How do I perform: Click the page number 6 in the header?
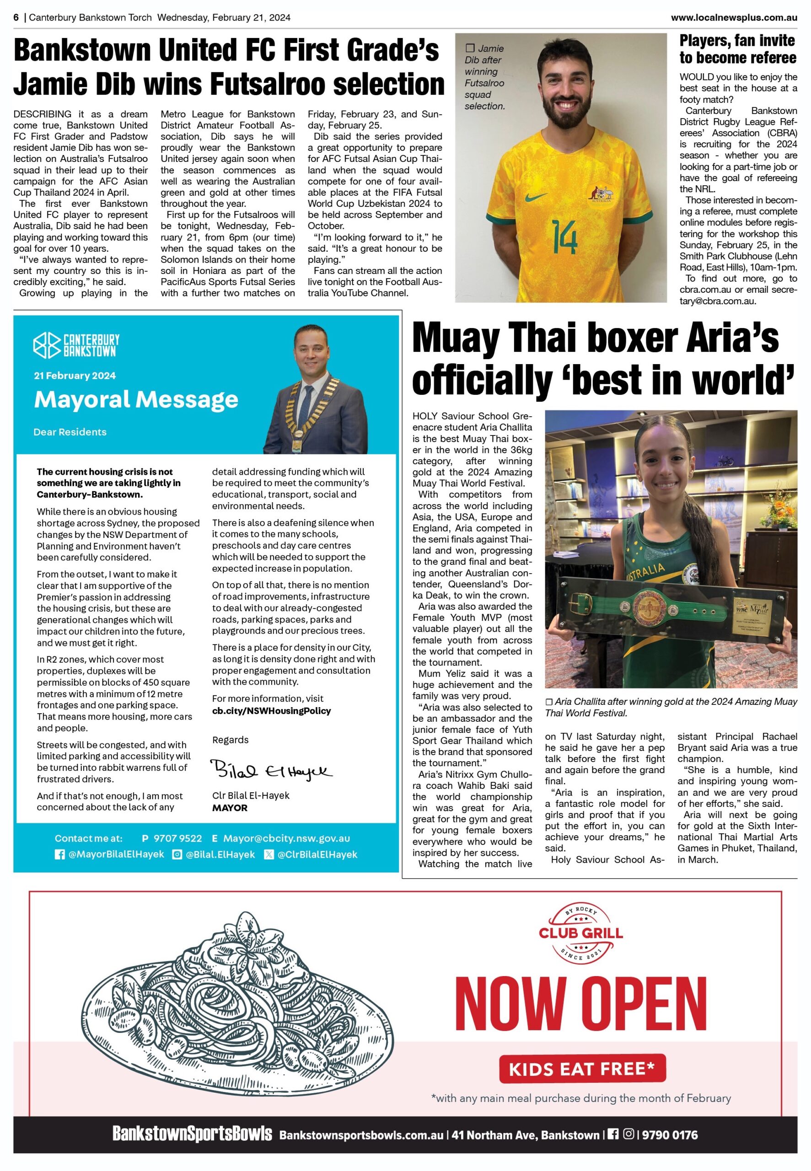pos(16,17)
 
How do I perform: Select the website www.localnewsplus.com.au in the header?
pos(733,17)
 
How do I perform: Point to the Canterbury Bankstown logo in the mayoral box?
pos(77,345)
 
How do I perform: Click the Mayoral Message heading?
pos(136,399)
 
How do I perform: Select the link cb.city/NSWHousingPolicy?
pos(271,710)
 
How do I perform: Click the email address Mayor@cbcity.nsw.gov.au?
pos(287,838)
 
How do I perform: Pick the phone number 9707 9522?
pos(177,838)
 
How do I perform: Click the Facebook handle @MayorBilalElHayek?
pos(116,854)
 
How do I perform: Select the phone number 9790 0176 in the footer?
pos(670,1135)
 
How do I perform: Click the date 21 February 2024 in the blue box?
pos(75,376)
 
